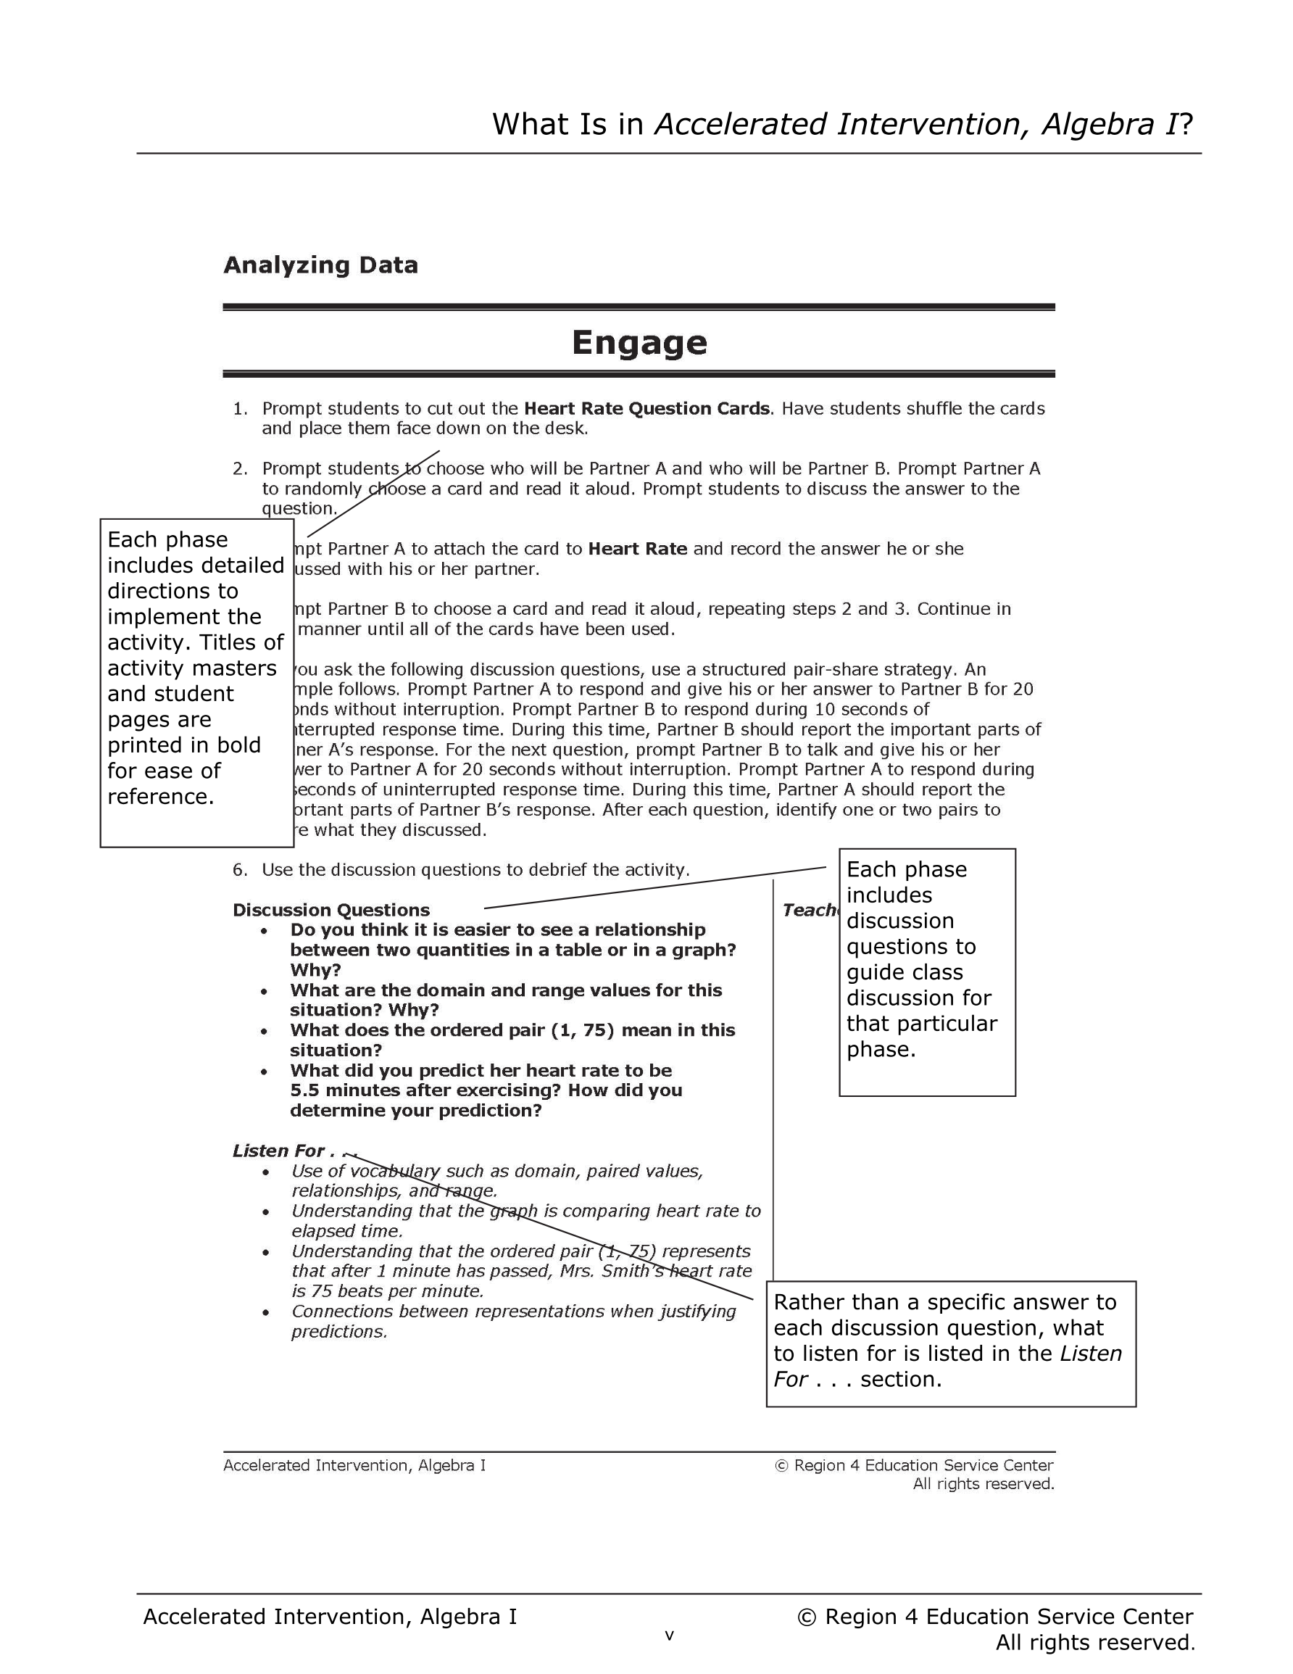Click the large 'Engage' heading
tap(639, 343)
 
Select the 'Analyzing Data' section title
tap(320, 265)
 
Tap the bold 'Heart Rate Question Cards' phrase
tap(646, 409)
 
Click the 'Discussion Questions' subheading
tap(331, 910)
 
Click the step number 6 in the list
tap(239, 870)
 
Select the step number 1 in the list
tap(239, 409)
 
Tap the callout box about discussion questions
tap(927, 971)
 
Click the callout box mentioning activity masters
tap(197, 682)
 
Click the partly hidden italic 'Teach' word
tap(810, 910)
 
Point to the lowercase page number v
tap(669, 1636)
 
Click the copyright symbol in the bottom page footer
tap(806, 1617)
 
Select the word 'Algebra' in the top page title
tap(1097, 124)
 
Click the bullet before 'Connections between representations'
tap(265, 1312)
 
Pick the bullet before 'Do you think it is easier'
tap(265, 930)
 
